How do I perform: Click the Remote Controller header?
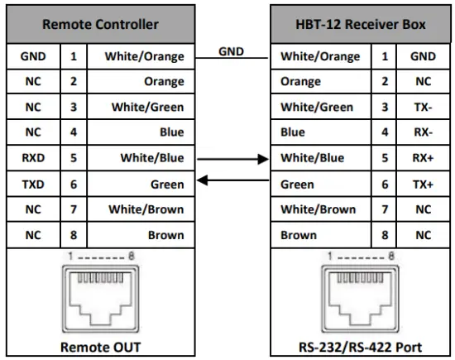click(x=100, y=25)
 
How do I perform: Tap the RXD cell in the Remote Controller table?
click(x=32, y=158)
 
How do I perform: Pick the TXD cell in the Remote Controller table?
click(x=32, y=184)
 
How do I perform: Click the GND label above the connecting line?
click(x=231, y=51)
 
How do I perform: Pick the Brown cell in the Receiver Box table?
click(x=299, y=235)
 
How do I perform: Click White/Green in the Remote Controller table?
click(x=146, y=108)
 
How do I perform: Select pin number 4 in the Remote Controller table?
click(x=73, y=132)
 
